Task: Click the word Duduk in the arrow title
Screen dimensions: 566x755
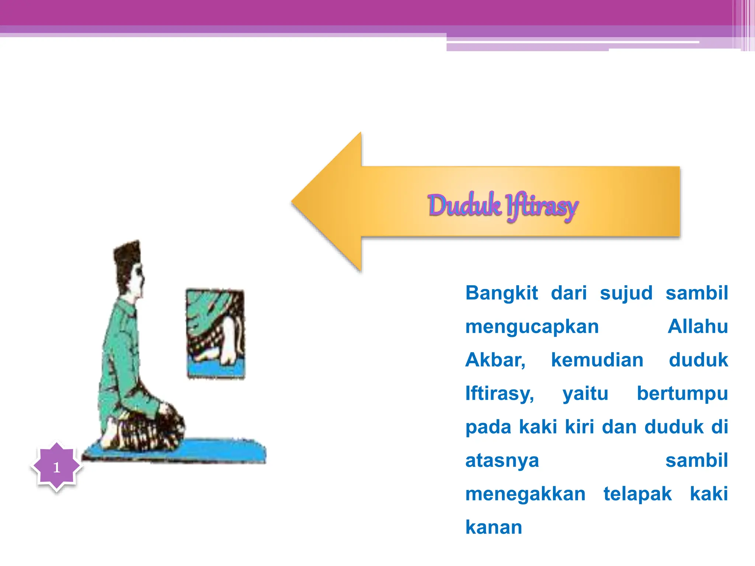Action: (464, 205)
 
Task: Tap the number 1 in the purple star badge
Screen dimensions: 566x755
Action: (56, 467)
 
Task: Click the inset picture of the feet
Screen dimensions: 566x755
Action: (215, 333)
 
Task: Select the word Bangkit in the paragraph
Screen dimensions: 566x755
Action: (501, 293)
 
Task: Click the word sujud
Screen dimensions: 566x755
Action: (626, 293)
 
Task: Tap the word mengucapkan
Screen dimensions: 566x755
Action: (532, 327)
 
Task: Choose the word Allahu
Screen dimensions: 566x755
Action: (697, 326)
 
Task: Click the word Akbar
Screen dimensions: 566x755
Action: (495, 360)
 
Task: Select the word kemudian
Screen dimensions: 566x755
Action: (597, 360)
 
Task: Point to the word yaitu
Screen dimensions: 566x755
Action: (585, 394)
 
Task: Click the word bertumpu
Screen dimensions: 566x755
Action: (682, 394)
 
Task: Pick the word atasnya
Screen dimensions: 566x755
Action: (502, 461)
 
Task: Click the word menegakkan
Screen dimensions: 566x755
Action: (525, 494)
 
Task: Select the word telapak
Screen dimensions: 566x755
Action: (637, 494)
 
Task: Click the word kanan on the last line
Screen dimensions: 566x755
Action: (494, 527)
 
